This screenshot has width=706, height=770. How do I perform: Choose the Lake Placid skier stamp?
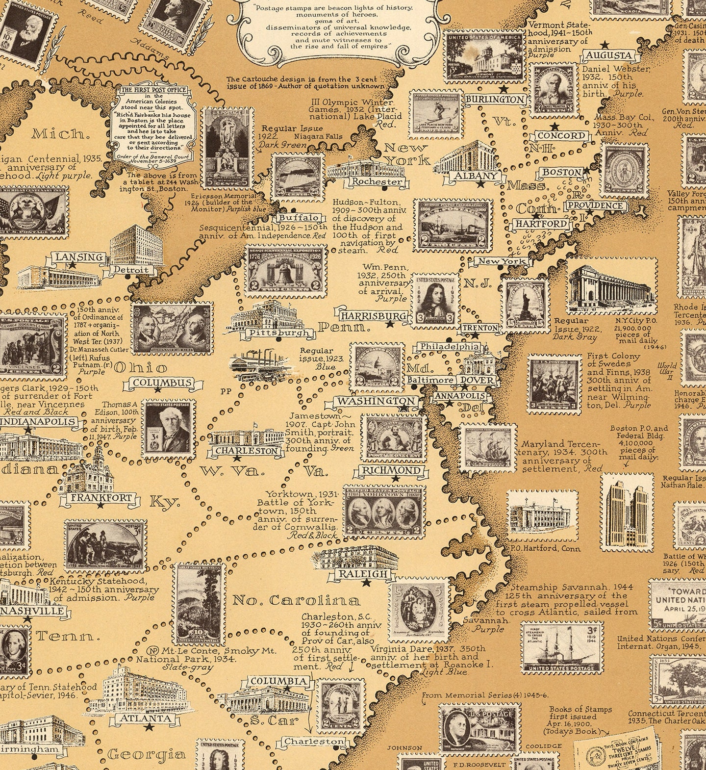436,116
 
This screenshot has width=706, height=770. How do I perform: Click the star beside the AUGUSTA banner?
607,44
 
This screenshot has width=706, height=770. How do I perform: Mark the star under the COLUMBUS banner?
158,390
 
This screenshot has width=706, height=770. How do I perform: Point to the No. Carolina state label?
296,600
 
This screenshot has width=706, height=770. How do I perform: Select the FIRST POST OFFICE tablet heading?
153,90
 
